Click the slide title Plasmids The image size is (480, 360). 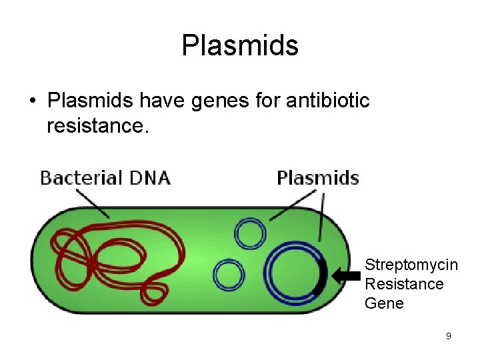[x=240, y=45]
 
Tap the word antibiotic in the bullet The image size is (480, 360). [x=327, y=101]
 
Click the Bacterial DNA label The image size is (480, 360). [x=105, y=178]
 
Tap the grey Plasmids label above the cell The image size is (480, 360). [x=317, y=178]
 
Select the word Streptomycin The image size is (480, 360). [x=411, y=265]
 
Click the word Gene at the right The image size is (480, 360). [x=384, y=303]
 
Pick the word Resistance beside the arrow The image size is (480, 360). [x=404, y=284]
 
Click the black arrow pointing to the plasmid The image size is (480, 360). [x=345, y=275]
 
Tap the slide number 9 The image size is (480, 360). [x=448, y=336]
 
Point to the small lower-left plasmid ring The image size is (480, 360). [x=229, y=274]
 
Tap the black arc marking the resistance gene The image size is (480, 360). [x=322, y=276]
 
